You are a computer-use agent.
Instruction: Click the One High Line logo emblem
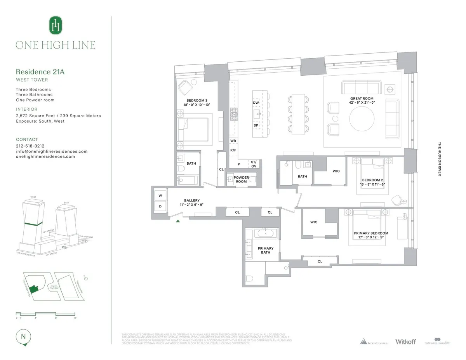(x=56, y=26)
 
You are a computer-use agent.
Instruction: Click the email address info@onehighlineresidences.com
(x=52, y=151)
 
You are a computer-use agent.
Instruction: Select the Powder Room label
(x=241, y=179)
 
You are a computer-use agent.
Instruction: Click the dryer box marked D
(x=160, y=206)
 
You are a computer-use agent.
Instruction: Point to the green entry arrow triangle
(x=178, y=221)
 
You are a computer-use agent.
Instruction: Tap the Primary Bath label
(x=266, y=250)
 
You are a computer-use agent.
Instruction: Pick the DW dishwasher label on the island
(x=256, y=103)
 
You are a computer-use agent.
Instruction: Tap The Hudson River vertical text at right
(x=440, y=159)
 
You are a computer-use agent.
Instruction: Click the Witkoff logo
(x=405, y=342)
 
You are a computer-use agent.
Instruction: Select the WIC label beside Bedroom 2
(x=336, y=171)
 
